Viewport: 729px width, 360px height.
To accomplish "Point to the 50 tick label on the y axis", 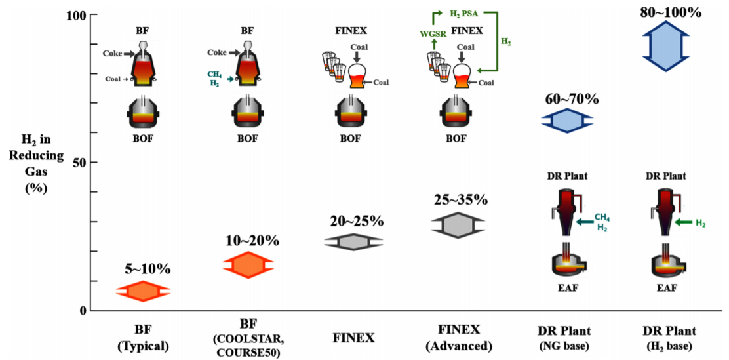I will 75,162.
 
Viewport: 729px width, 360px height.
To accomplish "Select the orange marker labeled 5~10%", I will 142,290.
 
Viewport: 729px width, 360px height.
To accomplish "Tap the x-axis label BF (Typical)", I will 142,337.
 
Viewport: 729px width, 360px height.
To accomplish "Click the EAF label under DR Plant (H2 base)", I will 666,287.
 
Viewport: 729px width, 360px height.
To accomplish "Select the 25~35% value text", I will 458,199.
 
